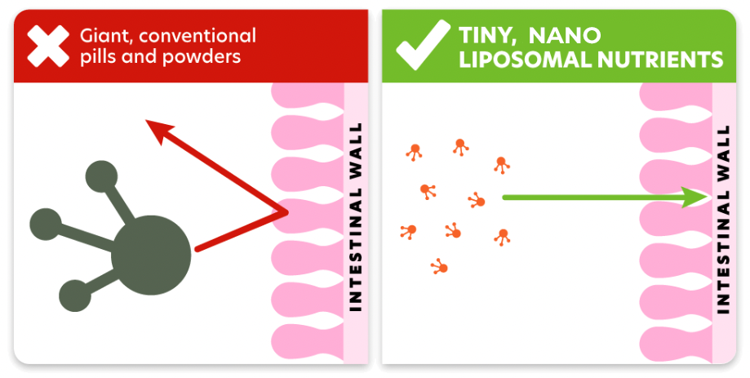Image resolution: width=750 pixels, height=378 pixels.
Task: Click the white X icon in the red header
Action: [48, 47]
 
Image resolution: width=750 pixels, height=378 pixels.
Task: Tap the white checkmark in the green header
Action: [423, 46]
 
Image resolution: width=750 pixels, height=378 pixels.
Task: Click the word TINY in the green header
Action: [488, 35]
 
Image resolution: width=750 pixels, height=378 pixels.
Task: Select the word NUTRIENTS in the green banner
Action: [663, 59]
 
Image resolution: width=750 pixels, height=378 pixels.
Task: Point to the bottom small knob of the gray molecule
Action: [75, 296]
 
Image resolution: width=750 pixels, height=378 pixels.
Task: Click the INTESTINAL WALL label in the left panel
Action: [355, 216]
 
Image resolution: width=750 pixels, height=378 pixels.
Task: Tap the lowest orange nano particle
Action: [439, 266]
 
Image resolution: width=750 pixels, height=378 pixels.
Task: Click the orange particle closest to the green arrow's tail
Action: [477, 199]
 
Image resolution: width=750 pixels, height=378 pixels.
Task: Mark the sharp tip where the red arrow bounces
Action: [288, 214]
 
